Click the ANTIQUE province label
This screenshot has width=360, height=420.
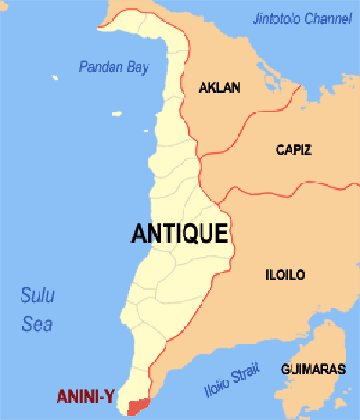click(178, 233)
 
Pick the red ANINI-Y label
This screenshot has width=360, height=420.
click(85, 395)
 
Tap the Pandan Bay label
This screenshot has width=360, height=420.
click(112, 67)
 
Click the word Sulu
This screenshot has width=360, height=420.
click(37, 293)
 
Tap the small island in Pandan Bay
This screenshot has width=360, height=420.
click(117, 113)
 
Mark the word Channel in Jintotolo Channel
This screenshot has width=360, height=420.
click(328, 17)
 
